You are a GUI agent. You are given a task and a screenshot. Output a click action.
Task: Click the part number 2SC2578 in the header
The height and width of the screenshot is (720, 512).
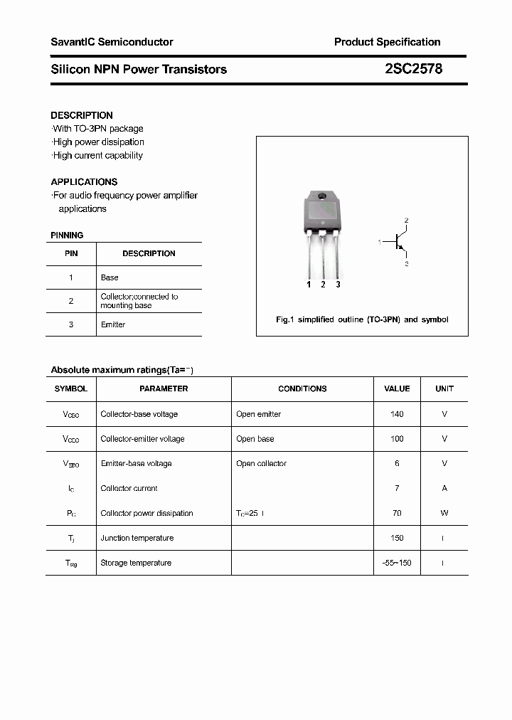pyautogui.click(x=413, y=69)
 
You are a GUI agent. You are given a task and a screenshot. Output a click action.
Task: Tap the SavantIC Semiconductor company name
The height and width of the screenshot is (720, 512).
pyautogui.click(x=112, y=42)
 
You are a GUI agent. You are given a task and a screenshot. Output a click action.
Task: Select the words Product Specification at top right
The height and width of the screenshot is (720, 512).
pyautogui.click(x=387, y=42)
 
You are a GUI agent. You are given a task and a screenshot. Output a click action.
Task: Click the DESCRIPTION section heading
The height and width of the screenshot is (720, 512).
pyautogui.click(x=82, y=115)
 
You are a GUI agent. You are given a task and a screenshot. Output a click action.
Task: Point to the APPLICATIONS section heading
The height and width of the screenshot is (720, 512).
pyautogui.click(x=84, y=182)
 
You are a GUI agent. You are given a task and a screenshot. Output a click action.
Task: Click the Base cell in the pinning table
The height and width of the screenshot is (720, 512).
pyautogui.click(x=110, y=277)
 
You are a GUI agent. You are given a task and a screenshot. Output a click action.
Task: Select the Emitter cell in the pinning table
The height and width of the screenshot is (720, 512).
pyautogui.click(x=113, y=324)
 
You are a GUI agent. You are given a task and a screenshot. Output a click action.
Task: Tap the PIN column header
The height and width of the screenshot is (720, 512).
pyautogui.click(x=71, y=253)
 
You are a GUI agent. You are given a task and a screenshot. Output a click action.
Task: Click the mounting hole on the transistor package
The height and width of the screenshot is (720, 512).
pyautogui.click(x=322, y=196)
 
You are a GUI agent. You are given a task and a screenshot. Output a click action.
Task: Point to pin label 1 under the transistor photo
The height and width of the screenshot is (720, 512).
pyautogui.click(x=309, y=285)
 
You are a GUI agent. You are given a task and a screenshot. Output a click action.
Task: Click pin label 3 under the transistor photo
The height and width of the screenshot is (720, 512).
pyautogui.click(x=338, y=285)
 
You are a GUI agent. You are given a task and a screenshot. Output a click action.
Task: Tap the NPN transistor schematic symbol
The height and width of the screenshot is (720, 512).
pyautogui.click(x=399, y=243)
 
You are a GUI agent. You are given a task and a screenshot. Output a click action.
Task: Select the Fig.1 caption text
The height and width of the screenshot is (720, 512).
pyautogui.click(x=362, y=319)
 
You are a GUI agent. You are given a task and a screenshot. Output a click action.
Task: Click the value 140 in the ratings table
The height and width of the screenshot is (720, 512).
pyautogui.click(x=397, y=414)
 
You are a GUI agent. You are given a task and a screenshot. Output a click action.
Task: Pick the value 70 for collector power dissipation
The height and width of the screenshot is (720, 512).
pyautogui.click(x=397, y=513)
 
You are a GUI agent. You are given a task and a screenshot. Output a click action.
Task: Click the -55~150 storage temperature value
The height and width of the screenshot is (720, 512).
pyautogui.click(x=397, y=563)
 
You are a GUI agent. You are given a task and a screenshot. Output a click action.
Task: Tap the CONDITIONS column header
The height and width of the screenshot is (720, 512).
pyautogui.click(x=302, y=389)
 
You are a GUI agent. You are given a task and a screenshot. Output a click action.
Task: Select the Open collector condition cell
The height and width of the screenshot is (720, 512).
pyautogui.click(x=261, y=464)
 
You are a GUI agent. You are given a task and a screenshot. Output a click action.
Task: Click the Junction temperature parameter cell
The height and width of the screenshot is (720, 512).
pyautogui.click(x=137, y=538)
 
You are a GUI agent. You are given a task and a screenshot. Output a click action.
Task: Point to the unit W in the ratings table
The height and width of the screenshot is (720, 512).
pyautogui.click(x=444, y=513)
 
